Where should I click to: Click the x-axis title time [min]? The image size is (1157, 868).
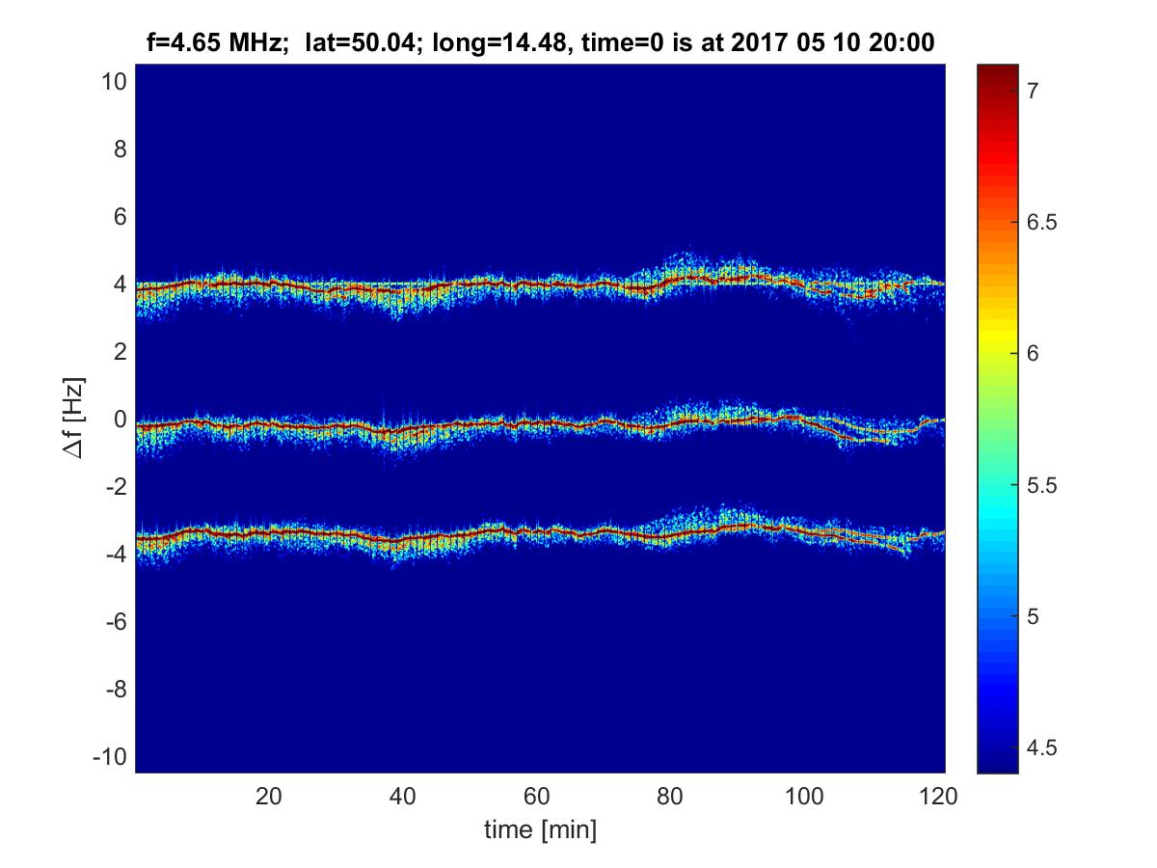coord(540,828)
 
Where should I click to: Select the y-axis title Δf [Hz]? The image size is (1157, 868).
coord(75,420)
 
